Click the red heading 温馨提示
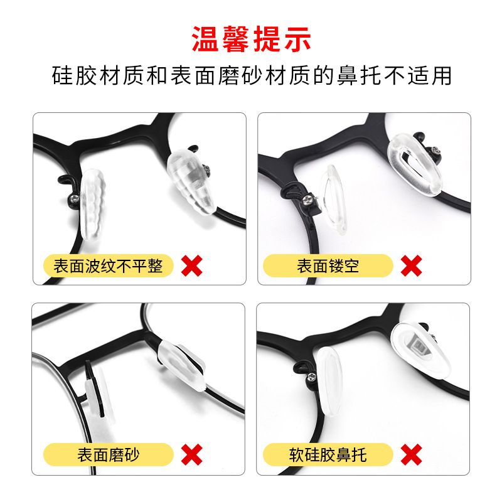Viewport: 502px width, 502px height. point(252,39)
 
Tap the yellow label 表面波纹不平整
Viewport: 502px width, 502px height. point(108,265)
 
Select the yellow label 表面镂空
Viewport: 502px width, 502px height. point(328,265)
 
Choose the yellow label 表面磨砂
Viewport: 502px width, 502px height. point(108,454)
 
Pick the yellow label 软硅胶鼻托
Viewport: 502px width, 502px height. point(328,454)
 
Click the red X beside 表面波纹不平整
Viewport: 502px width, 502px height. point(192,265)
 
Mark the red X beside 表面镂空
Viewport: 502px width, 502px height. point(412,265)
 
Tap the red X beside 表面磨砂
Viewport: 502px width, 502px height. point(192,454)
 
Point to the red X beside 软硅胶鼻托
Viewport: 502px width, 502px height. point(412,454)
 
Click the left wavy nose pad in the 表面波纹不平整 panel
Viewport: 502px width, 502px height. point(93,205)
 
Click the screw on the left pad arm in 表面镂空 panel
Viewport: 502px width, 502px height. point(307,200)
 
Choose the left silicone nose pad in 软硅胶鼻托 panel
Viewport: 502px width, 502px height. point(330,382)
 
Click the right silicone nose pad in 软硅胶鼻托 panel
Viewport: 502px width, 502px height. point(420,350)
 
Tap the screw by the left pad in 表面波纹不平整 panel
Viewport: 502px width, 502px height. point(75,198)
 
